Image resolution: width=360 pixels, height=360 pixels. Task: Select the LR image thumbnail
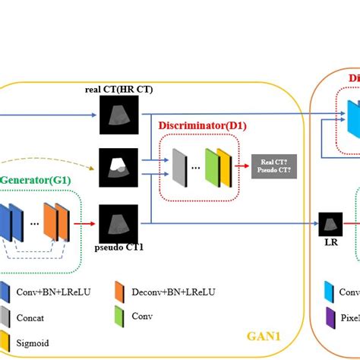[330, 224]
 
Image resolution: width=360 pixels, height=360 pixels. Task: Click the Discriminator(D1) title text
[202, 125]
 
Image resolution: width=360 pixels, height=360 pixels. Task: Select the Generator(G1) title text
[33, 180]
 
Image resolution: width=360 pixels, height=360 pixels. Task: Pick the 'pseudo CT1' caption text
[119, 248]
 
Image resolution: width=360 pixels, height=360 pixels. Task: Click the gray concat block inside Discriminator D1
[178, 166]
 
